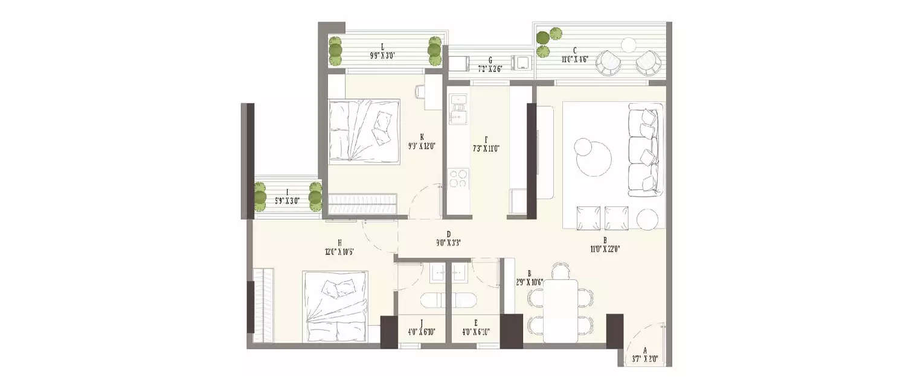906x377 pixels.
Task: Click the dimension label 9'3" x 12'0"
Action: [423, 145]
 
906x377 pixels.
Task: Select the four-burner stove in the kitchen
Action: [457, 179]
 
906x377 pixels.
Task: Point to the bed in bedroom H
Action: [335, 306]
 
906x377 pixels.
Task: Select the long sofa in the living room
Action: [645, 150]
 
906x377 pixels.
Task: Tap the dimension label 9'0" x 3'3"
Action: [449, 243]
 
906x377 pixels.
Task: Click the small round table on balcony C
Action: [629, 45]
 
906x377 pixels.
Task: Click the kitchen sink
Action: [458, 109]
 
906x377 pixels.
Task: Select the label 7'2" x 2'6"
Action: [490, 69]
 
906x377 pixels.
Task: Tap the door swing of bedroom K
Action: [426, 202]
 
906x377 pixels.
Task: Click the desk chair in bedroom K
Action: [420, 91]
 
